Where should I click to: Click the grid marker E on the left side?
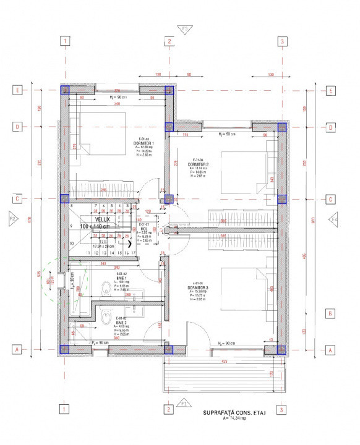click(x=18, y=90)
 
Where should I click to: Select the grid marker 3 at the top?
click(x=282, y=41)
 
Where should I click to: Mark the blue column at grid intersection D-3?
click(x=282, y=128)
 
